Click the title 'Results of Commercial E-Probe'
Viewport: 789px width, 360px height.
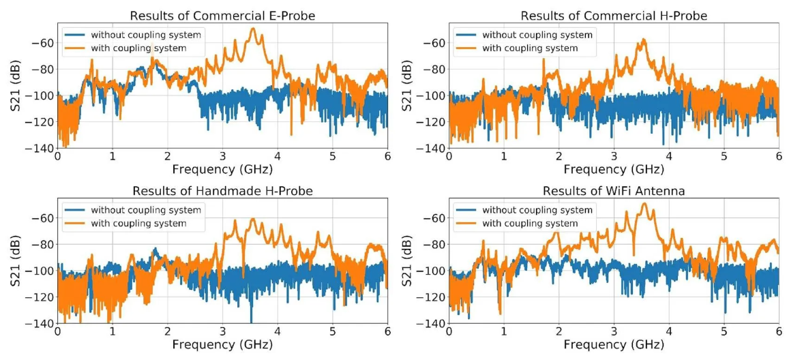pyautogui.click(x=222, y=15)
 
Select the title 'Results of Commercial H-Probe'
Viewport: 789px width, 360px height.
pyautogui.click(x=614, y=15)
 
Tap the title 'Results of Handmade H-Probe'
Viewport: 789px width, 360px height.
pyautogui.click(x=222, y=191)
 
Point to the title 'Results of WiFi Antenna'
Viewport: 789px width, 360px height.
pyautogui.click(x=614, y=191)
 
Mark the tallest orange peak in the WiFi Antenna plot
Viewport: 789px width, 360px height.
pyautogui.click(x=644, y=205)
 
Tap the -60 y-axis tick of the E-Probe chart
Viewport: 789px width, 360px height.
pyautogui.click(x=44, y=43)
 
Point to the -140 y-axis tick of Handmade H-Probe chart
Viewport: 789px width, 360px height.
pyautogui.click(x=41, y=324)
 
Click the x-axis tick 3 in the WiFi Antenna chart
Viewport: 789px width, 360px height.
pyautogui.click(x=614, y=333)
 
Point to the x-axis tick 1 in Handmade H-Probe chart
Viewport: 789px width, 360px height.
pyautogui.click(x=113, y=333)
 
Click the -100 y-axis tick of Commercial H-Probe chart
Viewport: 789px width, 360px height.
pyautogui.click(x=432, y=95)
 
